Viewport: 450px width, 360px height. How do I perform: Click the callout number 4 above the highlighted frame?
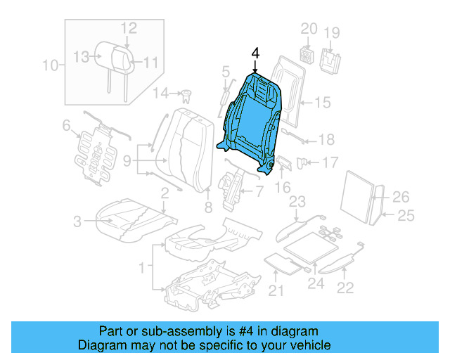point(255,53)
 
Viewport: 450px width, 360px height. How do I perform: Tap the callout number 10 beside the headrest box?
point(51,66)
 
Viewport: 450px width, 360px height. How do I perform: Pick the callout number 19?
point(332,32)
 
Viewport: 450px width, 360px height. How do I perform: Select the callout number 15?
point(321,103)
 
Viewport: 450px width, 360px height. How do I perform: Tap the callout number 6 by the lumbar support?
point(67,126)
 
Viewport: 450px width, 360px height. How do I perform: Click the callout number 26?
point(400,197)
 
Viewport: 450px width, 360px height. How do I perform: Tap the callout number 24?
point(315,285)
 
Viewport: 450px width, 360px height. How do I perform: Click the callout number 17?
point(330,162)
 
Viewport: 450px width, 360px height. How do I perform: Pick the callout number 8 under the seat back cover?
point(208,207)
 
